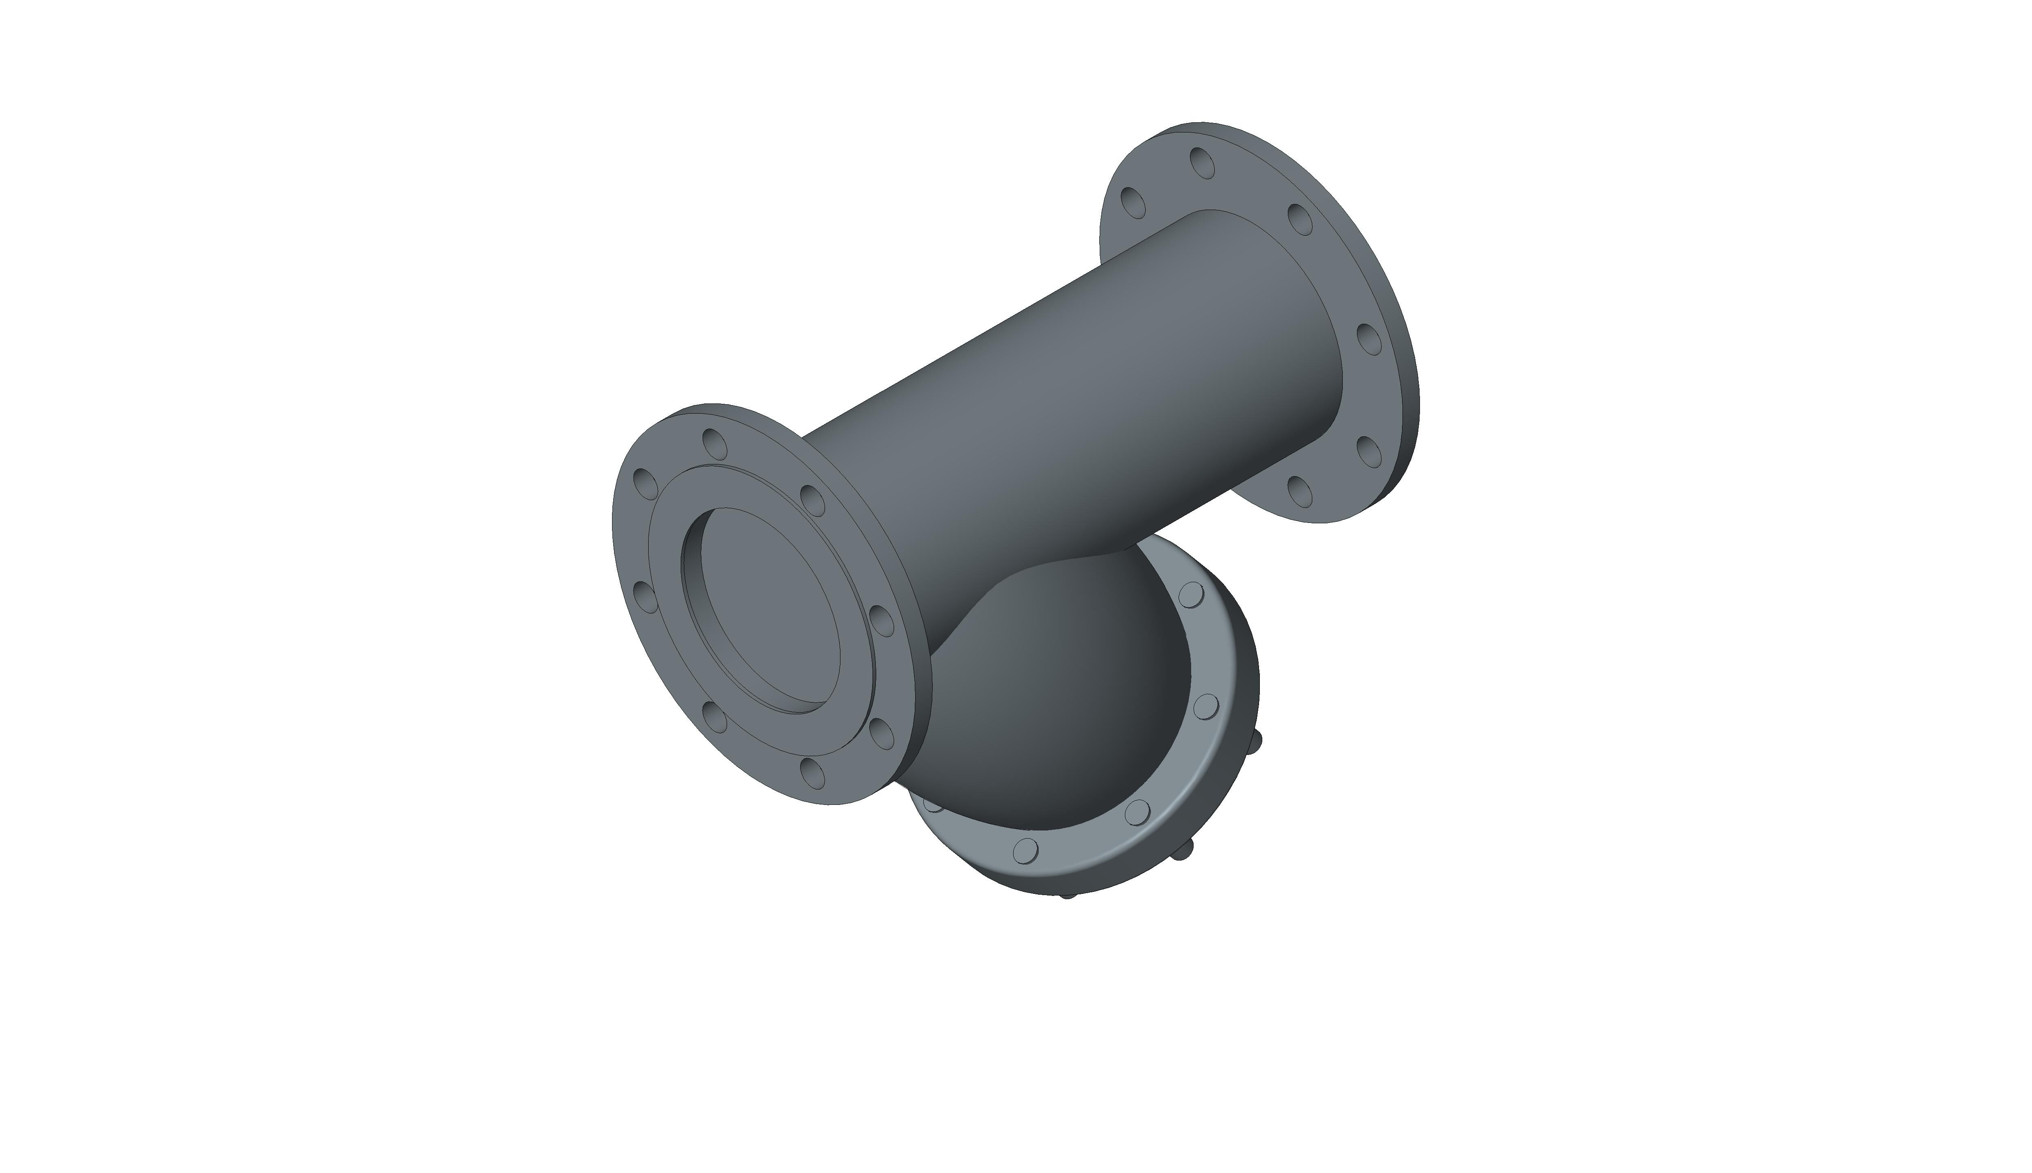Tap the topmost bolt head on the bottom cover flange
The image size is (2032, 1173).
[1191, 595]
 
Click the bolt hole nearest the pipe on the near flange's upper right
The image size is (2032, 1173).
[812, 499]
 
